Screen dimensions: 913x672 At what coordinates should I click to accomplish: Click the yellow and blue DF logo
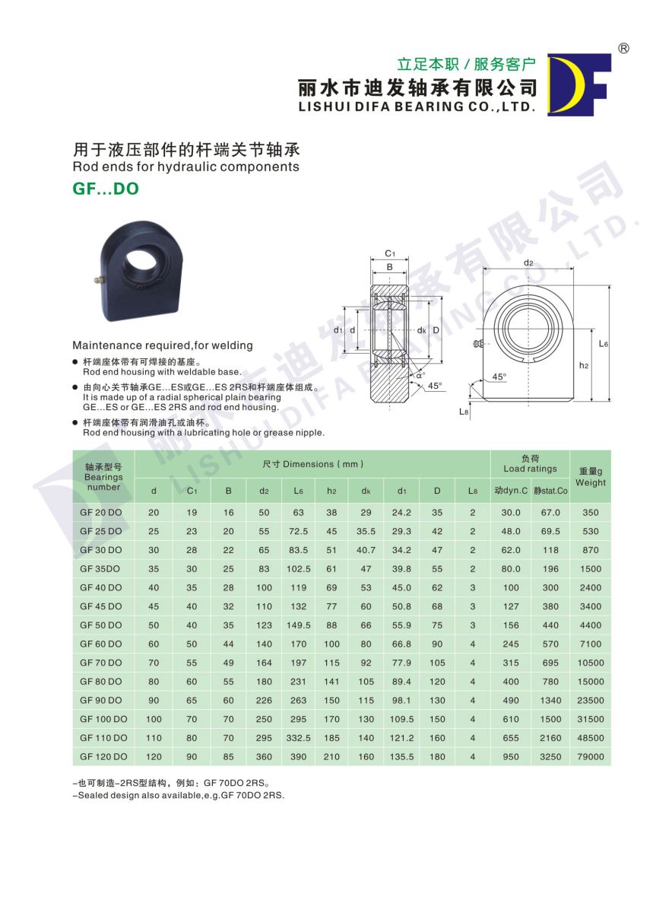pos(578,84)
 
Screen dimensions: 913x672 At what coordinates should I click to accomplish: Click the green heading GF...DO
pos(106,189)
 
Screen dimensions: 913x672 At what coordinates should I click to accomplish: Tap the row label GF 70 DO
pos(100,663)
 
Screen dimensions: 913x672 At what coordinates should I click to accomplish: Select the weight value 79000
pos(591,757)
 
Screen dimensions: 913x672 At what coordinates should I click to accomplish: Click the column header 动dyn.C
pos(511,491)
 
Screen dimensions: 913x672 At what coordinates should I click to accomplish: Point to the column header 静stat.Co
pos(550,491)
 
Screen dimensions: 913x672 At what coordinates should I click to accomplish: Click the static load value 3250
pos(550,757)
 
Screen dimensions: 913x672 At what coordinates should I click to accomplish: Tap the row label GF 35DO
pos(100,569)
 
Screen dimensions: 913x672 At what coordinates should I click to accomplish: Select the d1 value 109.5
pos(401,719)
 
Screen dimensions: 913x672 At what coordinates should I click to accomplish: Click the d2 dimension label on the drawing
pos(528,263)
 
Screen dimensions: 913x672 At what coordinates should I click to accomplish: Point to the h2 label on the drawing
pos(584,365)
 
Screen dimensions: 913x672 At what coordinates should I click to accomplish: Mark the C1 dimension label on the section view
pos(389,253)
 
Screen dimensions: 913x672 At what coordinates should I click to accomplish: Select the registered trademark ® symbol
pos(623,48)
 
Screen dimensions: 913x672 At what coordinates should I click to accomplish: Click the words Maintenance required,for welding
pos(162,345)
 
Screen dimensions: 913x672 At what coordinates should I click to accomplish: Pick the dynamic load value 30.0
pos(511,513)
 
